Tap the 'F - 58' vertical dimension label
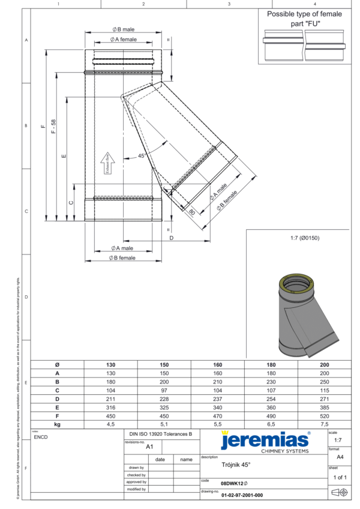pyautogui.click(x=54, y=125)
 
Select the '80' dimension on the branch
pyautogui.click(x=191, y=211)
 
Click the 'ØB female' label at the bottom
pyautogui.click(x=122, y=258)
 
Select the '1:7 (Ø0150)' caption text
pyautogui.click(x=304, y=238)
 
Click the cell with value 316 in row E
pyautogui.click(x=110, y=406)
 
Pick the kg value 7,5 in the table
pyautogui.click(x=324, y=424)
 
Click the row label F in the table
pyautogui.click(x=57, y=415)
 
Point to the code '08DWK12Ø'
pyautogui.click(x=234, y=483)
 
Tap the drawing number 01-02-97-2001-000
pyautogui.click(x=242, y=496)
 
